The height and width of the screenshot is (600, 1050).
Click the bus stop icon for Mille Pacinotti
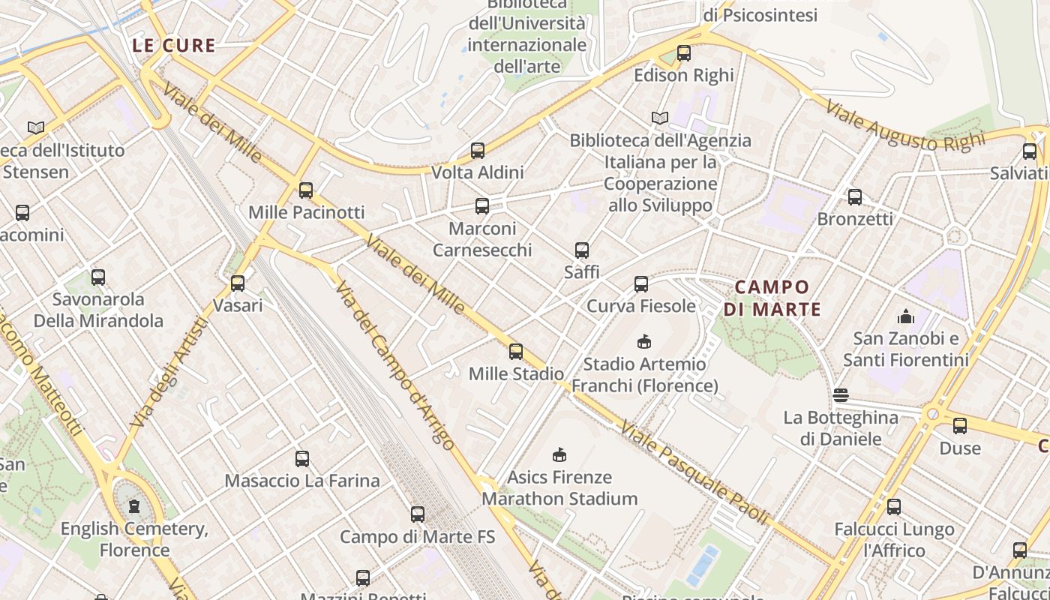pyautogui.click(x=305, y=190)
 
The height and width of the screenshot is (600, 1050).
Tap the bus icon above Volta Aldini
pyautogui.click(x=478, y=151)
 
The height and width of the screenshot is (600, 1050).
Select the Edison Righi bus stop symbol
pyautogui.click(x=683, y=53)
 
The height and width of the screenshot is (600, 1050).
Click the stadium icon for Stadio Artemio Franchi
pyautogui.click(x=643, y=342)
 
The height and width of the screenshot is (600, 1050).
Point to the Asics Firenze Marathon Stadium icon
pyautogui.click(x=559, y=454)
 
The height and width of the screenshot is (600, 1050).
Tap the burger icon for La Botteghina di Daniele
pyautogui.click(x=840, y=395)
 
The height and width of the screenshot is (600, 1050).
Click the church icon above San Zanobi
pyautogui.click(x=905, y=316)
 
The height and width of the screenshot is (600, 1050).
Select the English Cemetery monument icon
pyautogui.click(x=134, y=507)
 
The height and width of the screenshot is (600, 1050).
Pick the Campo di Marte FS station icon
pyautogui.click(x=418, y=514)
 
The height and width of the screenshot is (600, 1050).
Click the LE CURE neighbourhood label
pyautogui.click(x=174, y=46)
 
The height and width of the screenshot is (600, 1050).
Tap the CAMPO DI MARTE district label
pyautogui.click(x=772, y=298)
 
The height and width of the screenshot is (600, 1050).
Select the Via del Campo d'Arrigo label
pyautogui.click(x=394, y=365)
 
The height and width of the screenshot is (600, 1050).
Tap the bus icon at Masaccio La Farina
pyautogui.click(x=302, y=458)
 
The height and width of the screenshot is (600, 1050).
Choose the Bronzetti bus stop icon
pyautogui.click(x=854, y=197)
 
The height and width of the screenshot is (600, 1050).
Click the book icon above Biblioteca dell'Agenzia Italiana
pyautogui.click(x=659, y=118)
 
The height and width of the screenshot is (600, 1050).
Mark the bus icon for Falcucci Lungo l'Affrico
pyautogui.click(x=893, y=507)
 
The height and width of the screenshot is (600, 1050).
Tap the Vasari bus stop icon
pyautogui.click(x=238, y=283)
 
